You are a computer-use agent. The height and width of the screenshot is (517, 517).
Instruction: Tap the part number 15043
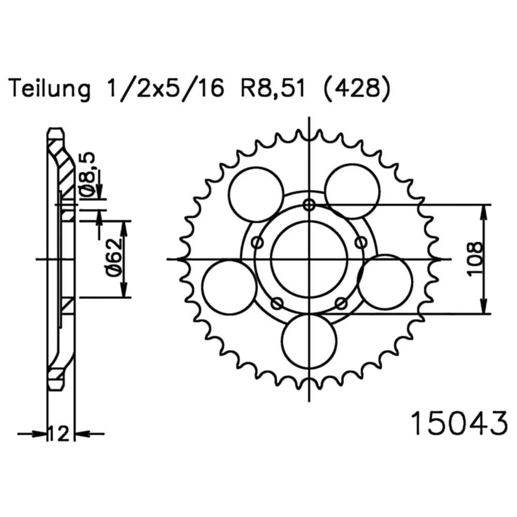[459, 423]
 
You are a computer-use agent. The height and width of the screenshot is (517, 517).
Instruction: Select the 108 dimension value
[475, 259]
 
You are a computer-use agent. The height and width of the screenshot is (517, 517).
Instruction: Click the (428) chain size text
[357, 89]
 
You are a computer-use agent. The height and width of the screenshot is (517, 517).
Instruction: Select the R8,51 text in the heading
[272, 89]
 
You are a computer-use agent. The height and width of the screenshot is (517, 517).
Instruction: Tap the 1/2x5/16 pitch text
[164, 89]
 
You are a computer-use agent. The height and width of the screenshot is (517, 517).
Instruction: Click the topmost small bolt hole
[309, 205]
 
